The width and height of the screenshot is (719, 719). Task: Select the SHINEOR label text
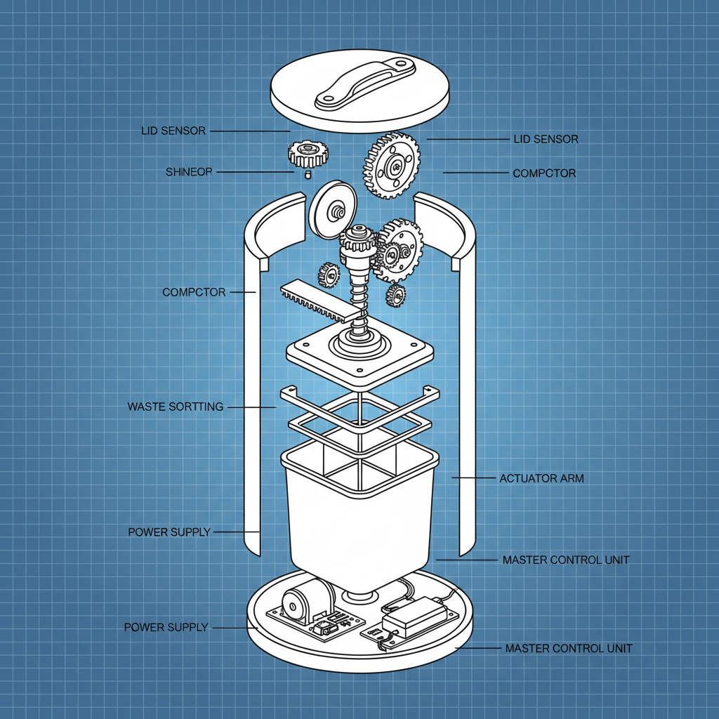point(189,172)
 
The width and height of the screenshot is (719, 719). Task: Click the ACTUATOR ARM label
point(541,478)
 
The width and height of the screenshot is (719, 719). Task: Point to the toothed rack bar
point(320,301)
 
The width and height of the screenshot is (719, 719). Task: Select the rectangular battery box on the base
point(414,615)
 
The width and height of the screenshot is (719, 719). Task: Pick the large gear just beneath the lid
point(392,165)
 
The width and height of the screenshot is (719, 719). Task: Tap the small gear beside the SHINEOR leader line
point(308,154)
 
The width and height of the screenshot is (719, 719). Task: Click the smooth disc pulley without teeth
point(333,210)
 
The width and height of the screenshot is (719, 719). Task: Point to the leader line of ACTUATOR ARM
point(474,477)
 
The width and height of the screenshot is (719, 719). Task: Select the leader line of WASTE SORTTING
point(252,407)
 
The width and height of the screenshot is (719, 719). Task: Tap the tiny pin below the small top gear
point(308,174)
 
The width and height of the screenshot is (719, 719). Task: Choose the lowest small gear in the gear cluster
point(395,296)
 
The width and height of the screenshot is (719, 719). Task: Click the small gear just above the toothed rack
point(329,275)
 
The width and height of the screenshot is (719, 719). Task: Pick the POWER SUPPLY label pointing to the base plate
point(166,627)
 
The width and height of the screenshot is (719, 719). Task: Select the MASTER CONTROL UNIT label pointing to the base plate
point(569,648)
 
